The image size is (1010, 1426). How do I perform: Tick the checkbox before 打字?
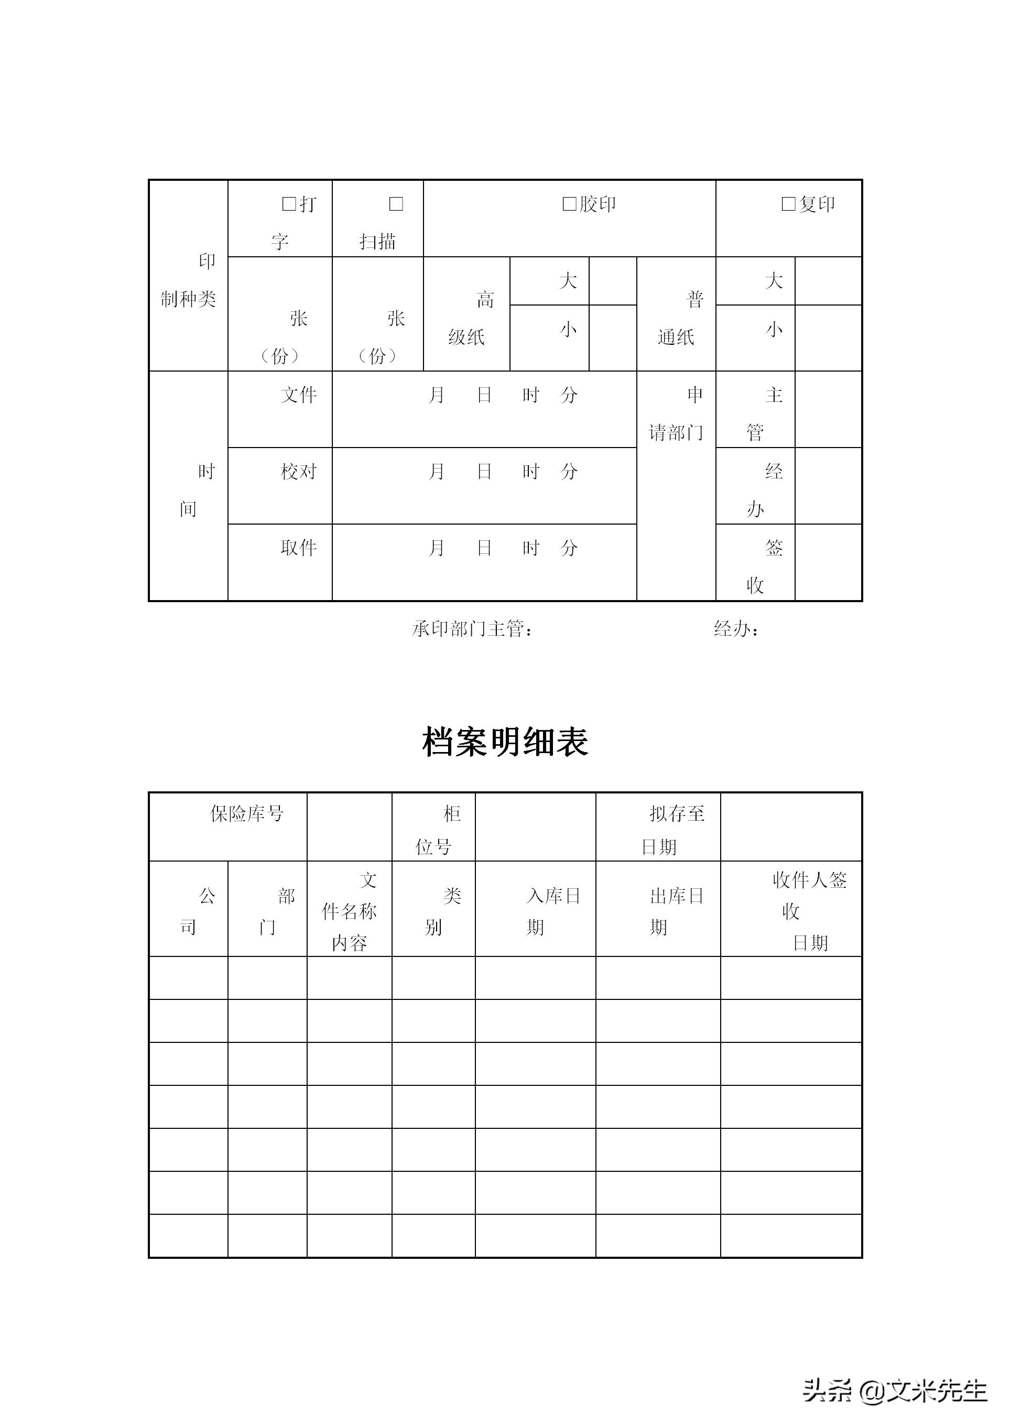tap(289, 204)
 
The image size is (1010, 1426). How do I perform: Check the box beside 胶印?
tap(569, 204)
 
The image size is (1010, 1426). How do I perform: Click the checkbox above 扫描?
tap(396, 204)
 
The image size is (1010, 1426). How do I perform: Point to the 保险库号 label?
tap(247, 813)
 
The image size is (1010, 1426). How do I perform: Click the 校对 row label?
tap(299, 471)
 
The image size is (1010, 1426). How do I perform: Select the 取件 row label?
tap(299, 548)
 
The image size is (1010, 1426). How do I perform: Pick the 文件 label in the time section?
tap(299, 395)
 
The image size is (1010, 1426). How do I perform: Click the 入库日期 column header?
tap(552, 912)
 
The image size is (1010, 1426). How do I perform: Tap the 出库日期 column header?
tap(676, 912)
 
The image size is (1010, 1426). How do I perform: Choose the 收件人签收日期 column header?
tap(809, 912)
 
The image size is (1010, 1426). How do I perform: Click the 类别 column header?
tap(442, 912)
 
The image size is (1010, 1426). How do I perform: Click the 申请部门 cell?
tap(676, 413)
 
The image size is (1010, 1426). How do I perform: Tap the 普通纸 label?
tap(680, 319)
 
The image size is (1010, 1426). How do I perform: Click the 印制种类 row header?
tap(189, 280)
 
